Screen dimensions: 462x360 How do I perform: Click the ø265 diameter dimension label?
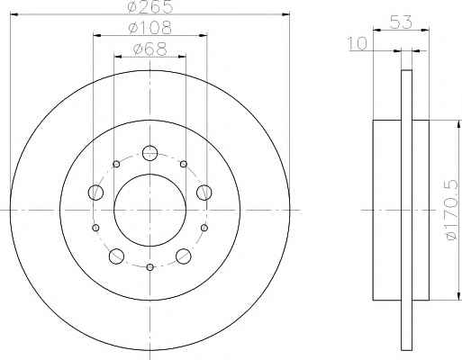150,7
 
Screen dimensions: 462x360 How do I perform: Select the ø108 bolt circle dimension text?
149,28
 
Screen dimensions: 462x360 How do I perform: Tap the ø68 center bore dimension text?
149,49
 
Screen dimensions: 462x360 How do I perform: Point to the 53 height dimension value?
401,22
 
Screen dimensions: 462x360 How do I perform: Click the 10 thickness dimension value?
358,43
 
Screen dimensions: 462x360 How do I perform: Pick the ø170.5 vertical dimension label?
452,210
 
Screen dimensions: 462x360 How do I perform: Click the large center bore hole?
149,210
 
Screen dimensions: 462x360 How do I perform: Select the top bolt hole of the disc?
149,153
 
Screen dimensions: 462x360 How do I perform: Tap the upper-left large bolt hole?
95,192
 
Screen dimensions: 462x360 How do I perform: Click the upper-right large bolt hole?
204,192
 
